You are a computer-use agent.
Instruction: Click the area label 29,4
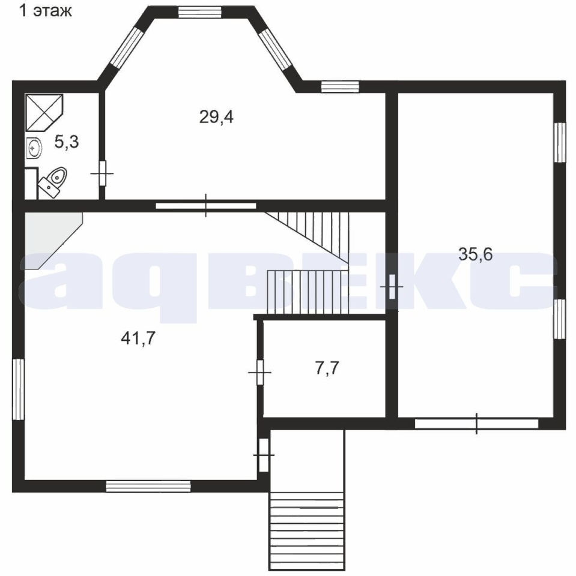pyautogui.click(x=216, y=117)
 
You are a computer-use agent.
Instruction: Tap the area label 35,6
pyautogui.click(x=475, y=254)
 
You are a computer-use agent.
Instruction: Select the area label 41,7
pyautogui.click(x=138, y=338)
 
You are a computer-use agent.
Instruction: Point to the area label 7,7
pyautogui.click(x=327, y=368)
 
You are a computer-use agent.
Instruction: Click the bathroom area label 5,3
pyautogui.click(x=67, y=142)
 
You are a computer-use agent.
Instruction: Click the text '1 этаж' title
pyautogui.click(x=46, y=11)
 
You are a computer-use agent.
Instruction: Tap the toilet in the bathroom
pyautogui.click(x=53, y=181)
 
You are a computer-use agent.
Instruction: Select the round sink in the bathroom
pyautogui.click(x=34, y=148)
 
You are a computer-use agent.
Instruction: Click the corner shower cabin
pyautogui.click(x=44, y=112)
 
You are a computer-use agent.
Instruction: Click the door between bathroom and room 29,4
pyautogui.click(x=103, y=173)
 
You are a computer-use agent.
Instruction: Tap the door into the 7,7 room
pyautogui.click(x=259, y=373)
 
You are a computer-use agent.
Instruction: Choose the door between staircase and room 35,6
pyautogui.click(x=392, y=287)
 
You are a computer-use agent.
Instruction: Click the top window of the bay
pyautogui.click(x=200, y=12)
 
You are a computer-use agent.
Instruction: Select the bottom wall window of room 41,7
pyautogui.click(x=148, y=487)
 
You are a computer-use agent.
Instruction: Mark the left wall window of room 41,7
pyautogui.click(x=18, y=389)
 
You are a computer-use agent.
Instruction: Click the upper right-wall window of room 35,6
pyautogui.click(x=560, y=143)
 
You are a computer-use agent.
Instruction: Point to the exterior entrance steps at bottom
pyautogui.click(x=307, y=530)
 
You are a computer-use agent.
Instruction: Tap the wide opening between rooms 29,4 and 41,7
pyautogui.click(x=205, y=205)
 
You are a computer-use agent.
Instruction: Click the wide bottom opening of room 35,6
pyautogui.click(x=477, y=424)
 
